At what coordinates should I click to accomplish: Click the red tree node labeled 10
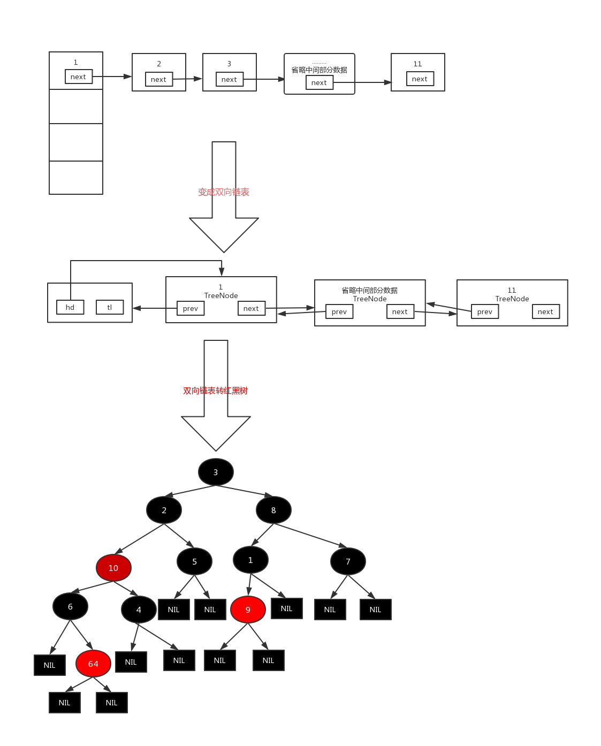point(113,568)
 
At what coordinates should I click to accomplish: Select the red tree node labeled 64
point(93,664)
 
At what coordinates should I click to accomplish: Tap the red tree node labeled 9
point(248,610)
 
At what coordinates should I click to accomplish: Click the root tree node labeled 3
point(216,472)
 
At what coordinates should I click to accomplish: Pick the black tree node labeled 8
point(273,510)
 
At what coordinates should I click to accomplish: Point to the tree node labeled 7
point(348,561)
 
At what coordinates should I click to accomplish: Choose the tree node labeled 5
point(194,561)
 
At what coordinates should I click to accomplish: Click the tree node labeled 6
point(70,606)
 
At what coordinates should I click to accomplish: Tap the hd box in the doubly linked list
point(70,307)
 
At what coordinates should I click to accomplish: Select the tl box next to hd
point(110,307)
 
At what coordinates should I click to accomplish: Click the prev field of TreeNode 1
point(191,308)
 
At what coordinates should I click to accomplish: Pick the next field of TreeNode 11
point(545,311)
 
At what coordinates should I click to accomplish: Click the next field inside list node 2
point(158,79)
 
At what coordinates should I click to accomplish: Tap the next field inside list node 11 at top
point(420,79)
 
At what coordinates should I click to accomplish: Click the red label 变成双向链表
point(224,192)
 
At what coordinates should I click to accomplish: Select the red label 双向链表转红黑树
point(216,391)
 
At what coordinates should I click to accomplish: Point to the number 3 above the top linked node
point(229,64)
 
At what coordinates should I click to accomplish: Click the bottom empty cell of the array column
point(76,177)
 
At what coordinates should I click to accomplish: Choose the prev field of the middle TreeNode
point(339,311)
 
